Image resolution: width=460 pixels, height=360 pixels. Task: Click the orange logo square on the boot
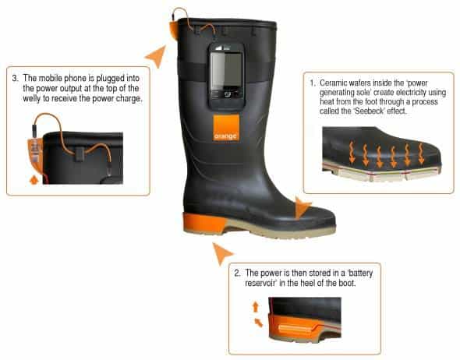point(226,128)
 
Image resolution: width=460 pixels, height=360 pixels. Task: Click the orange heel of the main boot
point(204,224)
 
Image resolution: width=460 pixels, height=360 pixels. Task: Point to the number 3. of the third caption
point(16,78)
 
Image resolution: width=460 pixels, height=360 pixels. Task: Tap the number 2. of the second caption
point(237,274)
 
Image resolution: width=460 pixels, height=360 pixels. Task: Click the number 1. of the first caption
point(313,83)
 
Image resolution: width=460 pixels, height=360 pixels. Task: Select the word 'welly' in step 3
point(32,98)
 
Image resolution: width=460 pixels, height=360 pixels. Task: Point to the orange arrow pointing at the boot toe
point(303,208)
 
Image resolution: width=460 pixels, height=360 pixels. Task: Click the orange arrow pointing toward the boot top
point(157,55)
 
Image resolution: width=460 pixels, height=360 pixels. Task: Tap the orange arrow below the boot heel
point(222,253)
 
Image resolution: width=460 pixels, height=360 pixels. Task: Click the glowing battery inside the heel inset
point(295,328)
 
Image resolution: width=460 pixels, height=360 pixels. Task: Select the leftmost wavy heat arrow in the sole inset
point(352,152)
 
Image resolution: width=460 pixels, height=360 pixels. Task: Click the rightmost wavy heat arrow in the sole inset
point(421,153)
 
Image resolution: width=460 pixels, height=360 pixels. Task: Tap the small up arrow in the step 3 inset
point(34,180)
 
